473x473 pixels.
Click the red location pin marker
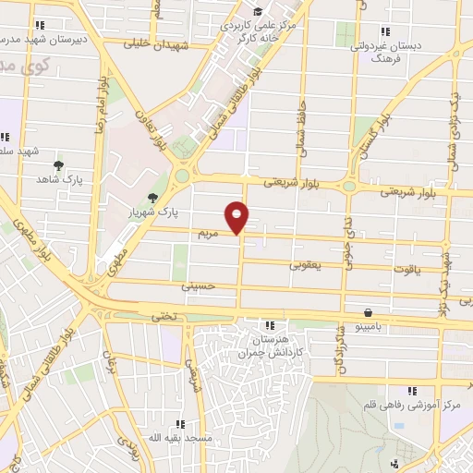[237, 216]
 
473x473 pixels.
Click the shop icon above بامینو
[370, 312]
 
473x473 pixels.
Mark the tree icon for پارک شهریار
[153, 198]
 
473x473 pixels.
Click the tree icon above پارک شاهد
[59, 164]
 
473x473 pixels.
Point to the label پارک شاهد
[59, 180]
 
